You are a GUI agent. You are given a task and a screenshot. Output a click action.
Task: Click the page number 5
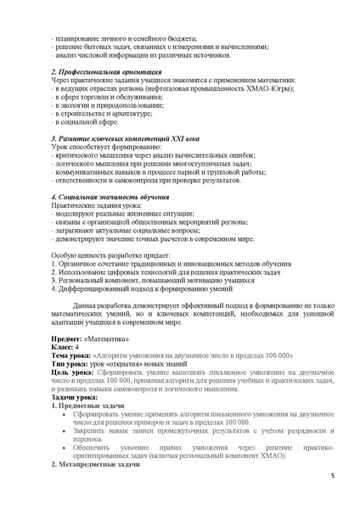pyautogui.click(x=332, y=487)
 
